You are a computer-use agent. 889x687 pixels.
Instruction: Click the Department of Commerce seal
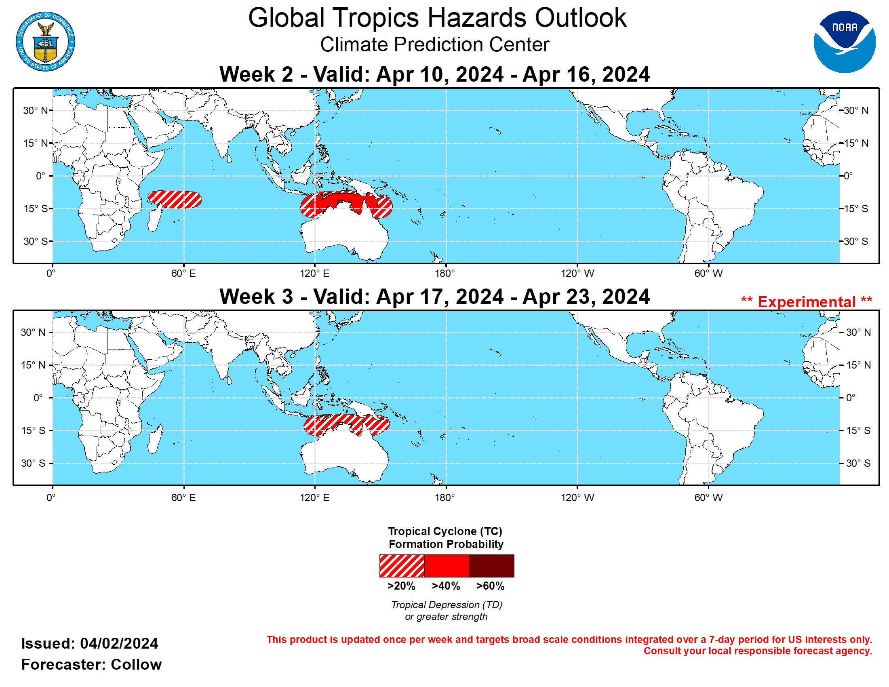pos(45,42)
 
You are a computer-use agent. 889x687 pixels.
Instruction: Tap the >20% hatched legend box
pos(401,565)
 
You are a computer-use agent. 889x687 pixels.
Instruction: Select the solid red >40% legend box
pos(447,565)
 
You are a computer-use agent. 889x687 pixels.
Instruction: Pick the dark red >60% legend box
pos(491,565)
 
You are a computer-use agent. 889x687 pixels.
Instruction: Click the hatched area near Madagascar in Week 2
pos(175,199)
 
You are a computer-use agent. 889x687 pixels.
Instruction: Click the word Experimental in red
pos(807,302)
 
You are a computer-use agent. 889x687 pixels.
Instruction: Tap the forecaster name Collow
pos(136,664)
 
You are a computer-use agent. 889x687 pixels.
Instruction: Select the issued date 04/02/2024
pos(119,643)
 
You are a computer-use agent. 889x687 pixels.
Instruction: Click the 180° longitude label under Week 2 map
pos(444,274)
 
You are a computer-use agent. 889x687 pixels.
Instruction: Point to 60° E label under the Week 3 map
pos(183,497)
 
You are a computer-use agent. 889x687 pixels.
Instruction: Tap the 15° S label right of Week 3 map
pos(858,430)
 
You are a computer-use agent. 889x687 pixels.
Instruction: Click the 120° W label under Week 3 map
pos(577,497)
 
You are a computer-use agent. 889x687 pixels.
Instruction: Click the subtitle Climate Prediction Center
pos(434,44)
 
